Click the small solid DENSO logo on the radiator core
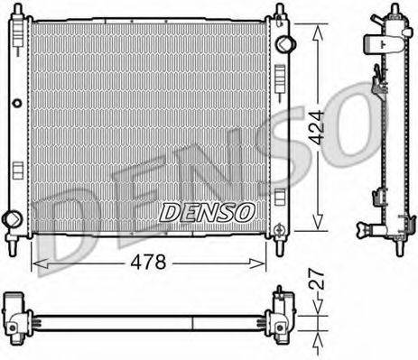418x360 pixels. (x=208, y=211)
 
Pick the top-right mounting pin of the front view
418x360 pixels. (x=279, y=11)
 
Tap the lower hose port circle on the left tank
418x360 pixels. (x=12, y=217)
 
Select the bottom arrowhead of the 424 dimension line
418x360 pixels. (x=315, y=229)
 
